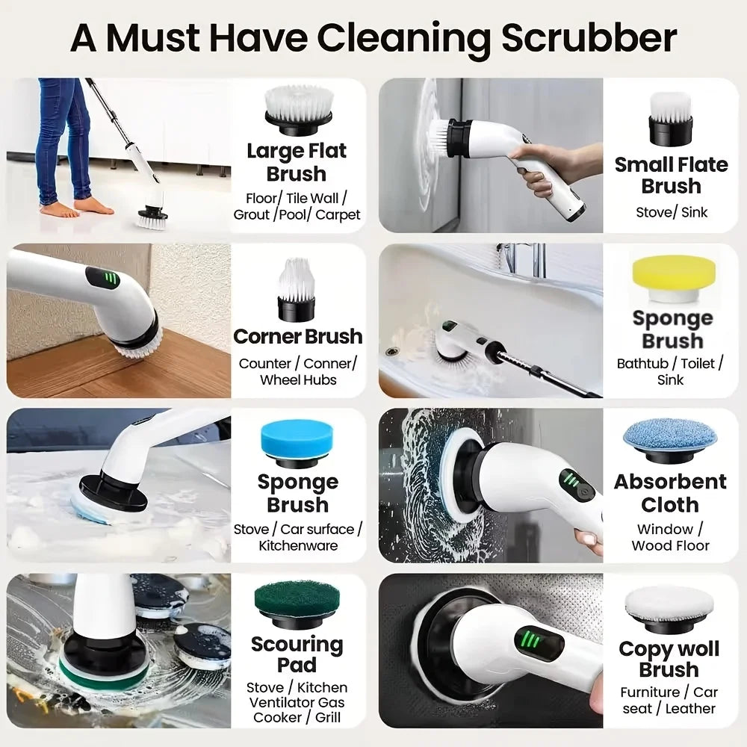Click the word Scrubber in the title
[589, 37]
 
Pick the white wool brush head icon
[670, 605]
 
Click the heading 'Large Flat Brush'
[297, 162]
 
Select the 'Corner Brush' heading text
[297, 336]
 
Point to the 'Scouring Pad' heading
[297, 654]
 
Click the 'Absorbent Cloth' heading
[670, 493]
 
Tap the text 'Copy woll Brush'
[669, 659]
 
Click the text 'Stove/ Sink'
[672, 212]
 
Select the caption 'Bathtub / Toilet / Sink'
[671, 371]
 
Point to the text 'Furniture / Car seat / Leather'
[669, 700]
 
